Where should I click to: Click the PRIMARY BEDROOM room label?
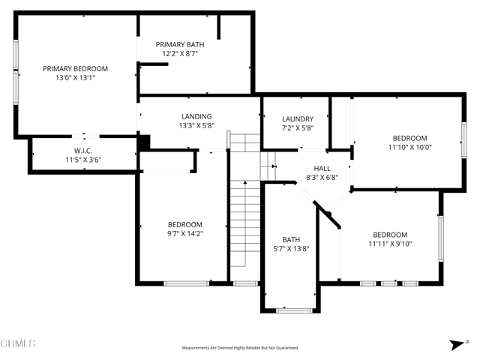75,68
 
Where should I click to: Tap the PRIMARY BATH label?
179,44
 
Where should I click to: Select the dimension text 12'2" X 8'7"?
179,54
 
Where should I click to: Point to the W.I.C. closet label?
82,150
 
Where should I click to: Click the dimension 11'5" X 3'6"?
82,160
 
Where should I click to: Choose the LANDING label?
196,116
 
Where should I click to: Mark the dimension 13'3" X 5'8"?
196,126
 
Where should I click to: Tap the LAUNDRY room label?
298,119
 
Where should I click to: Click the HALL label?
322,169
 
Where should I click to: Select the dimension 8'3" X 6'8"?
322,178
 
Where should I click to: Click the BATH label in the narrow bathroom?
290,240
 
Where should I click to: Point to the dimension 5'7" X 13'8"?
290,249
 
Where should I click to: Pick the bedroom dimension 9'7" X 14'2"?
185,234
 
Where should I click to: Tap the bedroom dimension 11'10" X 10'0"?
410,147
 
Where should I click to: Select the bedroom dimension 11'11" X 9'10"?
390,243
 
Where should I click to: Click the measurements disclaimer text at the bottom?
239,348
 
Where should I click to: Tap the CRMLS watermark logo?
18,343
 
